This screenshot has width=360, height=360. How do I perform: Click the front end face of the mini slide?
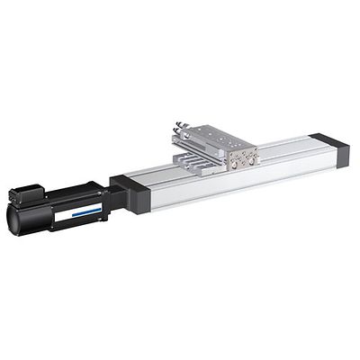click(x=243, y=157)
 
